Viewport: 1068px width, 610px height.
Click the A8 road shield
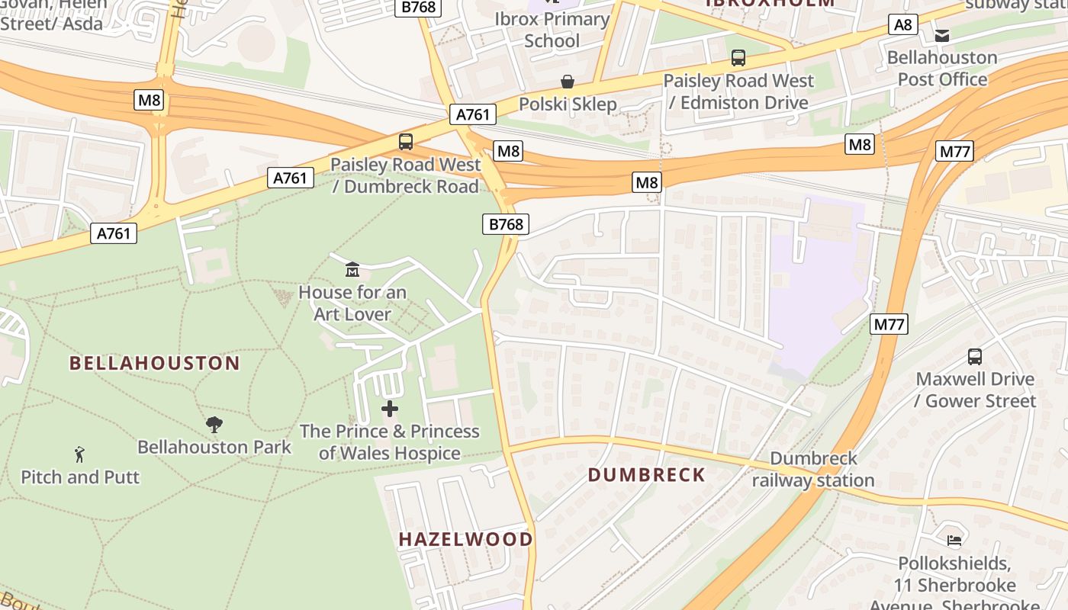point(902,25)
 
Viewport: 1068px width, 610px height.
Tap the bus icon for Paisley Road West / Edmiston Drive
point(738,57)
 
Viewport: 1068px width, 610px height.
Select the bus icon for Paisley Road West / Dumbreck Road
point(405,141)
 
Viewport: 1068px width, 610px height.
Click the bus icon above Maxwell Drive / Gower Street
point(974,356)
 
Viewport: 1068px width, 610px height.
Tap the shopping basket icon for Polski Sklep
point(568,81)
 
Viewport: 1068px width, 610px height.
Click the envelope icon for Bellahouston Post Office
point(941,35)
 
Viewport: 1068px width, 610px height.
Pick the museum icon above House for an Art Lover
point(352,269)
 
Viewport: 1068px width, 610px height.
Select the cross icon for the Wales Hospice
point(390,409)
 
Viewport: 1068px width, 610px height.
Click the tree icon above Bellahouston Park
point(214,424)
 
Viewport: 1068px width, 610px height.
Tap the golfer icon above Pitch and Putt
point(79,455)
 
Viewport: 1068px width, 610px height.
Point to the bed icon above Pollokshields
point(954,541)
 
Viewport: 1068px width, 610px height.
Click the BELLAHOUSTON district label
point(155,363)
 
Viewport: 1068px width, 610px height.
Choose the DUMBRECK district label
point(646,475)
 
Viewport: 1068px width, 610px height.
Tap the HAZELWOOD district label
point(465,539)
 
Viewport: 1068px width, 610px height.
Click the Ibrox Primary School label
point(552,30)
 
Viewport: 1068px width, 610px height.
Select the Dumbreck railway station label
point(813,470)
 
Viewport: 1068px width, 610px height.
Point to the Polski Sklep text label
point(568,104)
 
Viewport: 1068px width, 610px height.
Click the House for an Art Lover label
point(352,303)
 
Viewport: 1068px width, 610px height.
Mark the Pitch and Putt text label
point(80,477)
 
